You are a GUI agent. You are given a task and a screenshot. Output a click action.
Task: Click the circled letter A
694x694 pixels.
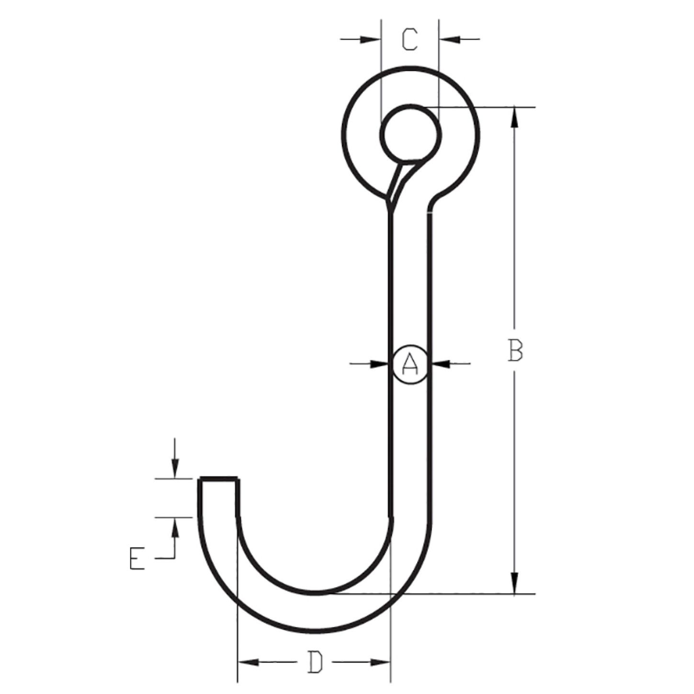point(410,364)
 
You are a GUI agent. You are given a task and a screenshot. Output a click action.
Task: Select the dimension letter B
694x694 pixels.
point(515,351)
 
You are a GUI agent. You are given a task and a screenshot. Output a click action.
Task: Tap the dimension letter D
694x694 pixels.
point(315,662)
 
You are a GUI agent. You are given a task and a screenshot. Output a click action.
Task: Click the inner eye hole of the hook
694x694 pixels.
point(410,134)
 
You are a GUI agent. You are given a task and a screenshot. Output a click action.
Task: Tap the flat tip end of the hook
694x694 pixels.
point(219,478)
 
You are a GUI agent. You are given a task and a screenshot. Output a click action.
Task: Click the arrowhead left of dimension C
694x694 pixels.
point(371,39)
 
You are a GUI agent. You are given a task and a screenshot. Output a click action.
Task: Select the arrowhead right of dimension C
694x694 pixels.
point(448,39)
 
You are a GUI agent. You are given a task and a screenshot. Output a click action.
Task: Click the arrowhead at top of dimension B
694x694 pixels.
point(515,116)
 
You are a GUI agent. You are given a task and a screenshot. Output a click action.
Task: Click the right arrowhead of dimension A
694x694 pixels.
point(440,364)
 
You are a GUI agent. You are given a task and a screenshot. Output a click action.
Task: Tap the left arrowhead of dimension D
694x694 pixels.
point(248,662)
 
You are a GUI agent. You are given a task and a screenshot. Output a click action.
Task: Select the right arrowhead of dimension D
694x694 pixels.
point(381,662)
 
